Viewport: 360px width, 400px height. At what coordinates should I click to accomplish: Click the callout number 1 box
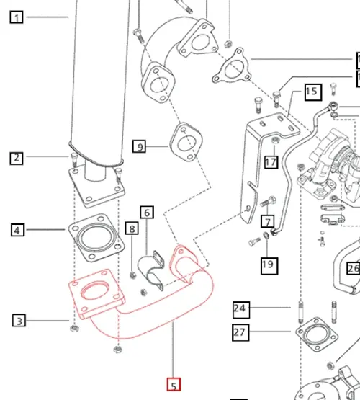pos(17,16)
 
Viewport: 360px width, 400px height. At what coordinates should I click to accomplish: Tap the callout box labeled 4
pos(17,231)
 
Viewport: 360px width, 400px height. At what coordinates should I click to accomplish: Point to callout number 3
pos(19,320)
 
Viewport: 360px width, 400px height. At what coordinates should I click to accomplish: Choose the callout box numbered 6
pos(147,213)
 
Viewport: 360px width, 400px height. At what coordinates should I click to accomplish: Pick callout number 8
pos(131,229)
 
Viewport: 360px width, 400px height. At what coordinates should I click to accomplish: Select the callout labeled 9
pos(140,147)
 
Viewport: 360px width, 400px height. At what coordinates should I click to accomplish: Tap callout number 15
pos(312,92)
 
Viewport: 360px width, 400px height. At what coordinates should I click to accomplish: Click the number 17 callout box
pos(271,162)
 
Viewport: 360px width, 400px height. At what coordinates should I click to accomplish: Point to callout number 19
pos(268,265)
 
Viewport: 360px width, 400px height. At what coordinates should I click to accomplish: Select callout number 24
pos(240,310)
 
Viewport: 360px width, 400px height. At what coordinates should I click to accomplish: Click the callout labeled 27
pos(240,332)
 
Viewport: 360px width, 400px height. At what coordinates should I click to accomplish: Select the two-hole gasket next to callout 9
pos(185,141)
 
